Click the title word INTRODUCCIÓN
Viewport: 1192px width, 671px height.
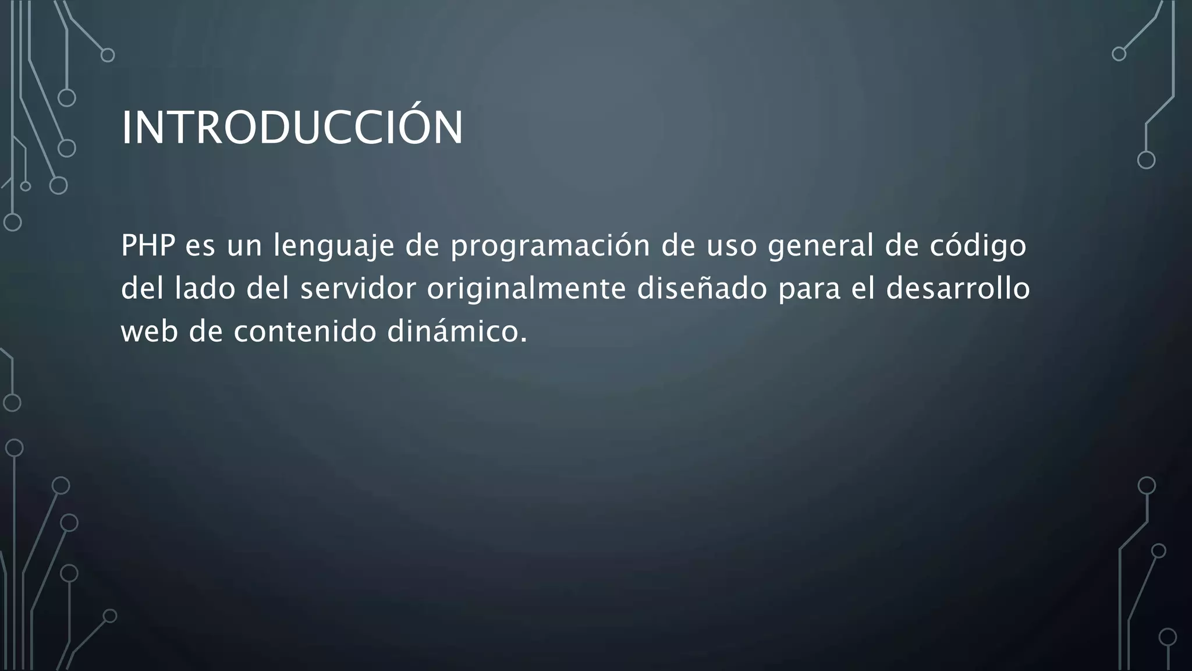[292, 128]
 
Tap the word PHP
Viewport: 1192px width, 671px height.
[148, 245]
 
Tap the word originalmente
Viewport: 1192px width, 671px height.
[526, 289]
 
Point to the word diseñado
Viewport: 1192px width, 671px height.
[702, 288]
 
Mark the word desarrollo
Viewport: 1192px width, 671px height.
[958, 288]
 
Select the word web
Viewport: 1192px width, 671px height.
[149, 331]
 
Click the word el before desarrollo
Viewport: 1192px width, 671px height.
[864, 288]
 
